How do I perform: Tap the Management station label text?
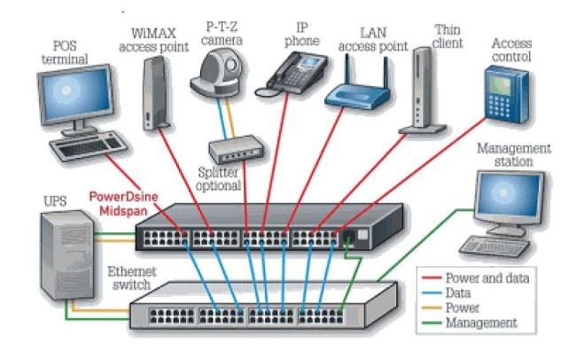(x=513, y=155)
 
